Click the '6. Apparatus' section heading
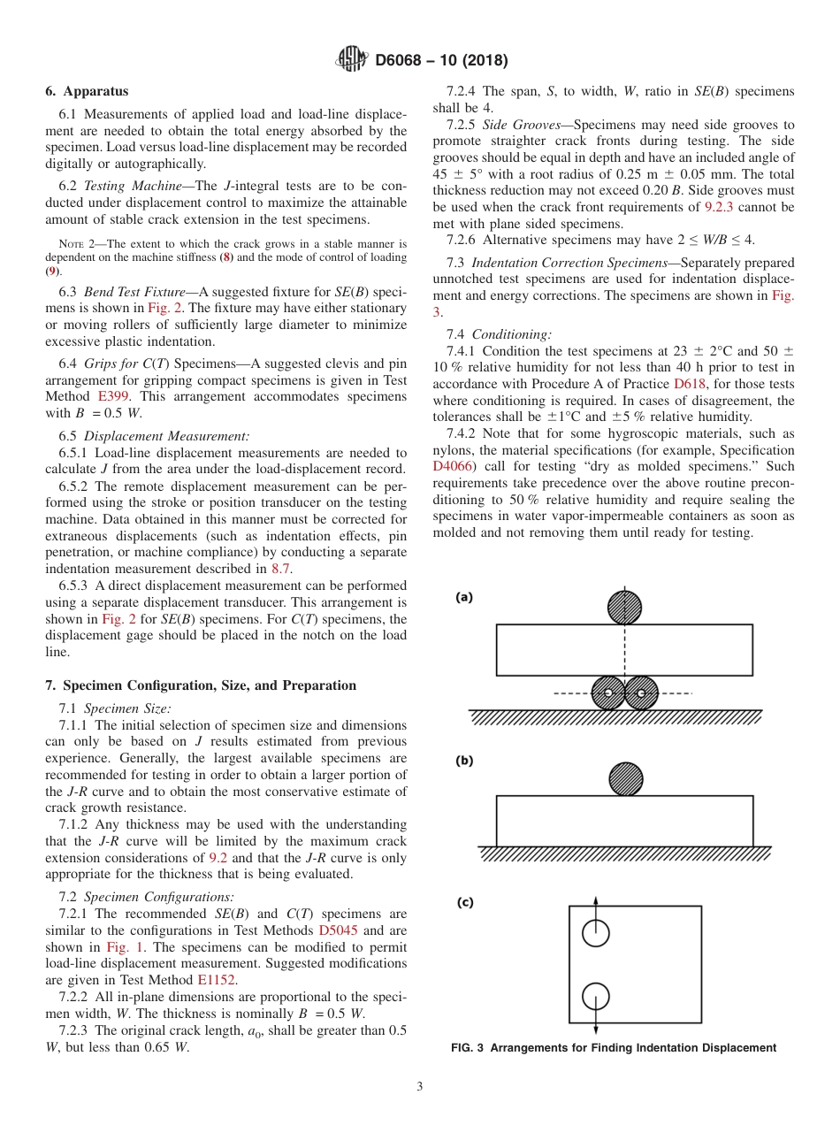87,91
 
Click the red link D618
691,385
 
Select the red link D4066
454,467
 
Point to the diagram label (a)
464,597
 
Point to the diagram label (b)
464,761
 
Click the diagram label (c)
464,902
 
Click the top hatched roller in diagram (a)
625,607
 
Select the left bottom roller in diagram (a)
608,693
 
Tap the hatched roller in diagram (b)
626,778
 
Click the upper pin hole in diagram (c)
596,931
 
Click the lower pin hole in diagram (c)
596,996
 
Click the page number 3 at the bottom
420,1086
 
